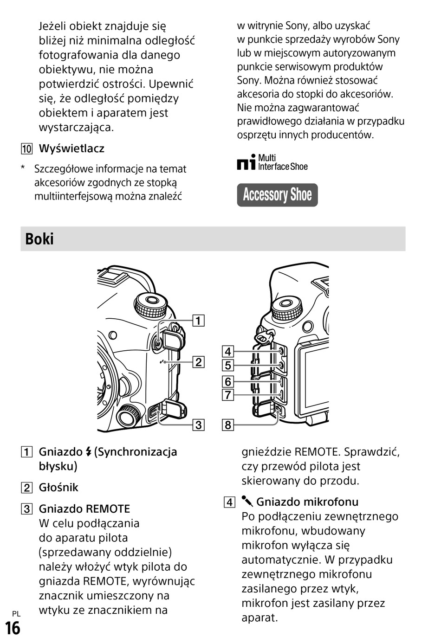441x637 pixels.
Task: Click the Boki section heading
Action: point(39,239)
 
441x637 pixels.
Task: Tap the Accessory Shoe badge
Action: point(277,195)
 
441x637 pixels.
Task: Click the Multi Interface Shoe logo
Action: point(272,162)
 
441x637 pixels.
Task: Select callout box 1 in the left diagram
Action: point(198,321)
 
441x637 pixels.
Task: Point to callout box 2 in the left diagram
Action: point(198,362)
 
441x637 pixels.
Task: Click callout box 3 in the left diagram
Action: point(198,425)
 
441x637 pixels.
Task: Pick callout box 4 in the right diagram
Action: point(227,352)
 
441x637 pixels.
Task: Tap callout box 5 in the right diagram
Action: point(227,366)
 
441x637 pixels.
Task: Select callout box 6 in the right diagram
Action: point(227,381)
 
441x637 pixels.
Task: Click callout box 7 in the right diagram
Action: point(227,395)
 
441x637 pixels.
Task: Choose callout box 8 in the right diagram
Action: point(227,425)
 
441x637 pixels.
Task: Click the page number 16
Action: point(13,628)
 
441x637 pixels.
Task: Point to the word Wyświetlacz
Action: point(71,148)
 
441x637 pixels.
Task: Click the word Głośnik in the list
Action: point(58,487)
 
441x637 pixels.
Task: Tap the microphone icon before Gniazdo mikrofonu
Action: point(247,501)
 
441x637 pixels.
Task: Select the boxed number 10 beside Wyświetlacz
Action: point(26,149)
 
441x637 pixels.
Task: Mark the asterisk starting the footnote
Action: point(23,168)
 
